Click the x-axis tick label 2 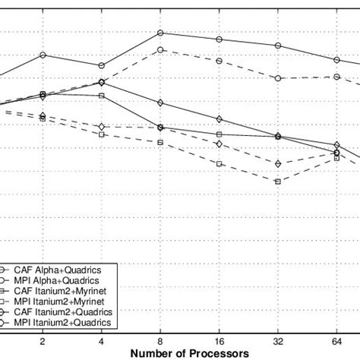click(x=43, y=342)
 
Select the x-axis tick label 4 click(x=101, y=342)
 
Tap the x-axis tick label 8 click(x=160, y=342)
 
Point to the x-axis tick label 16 click(x=219, y=342)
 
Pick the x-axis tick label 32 click(x=278, y=342)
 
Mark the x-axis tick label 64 click(x=336, y=342)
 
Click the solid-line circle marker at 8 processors click(x=160, y=33)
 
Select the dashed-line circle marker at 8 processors click(x=160, y=50)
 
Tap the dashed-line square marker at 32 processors click(x=278, y=182)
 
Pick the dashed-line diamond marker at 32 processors click(x=278, y=163)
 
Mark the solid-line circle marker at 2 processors click(x=43, y=55)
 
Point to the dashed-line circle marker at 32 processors click(x=278, y=78)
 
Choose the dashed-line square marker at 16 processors click(x=219, y=163)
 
